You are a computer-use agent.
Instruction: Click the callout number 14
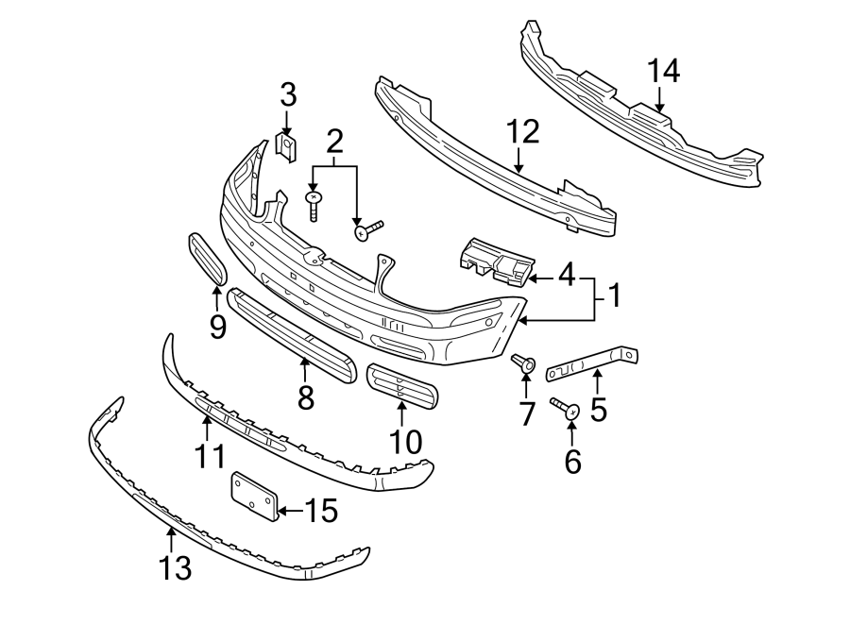point(663,71)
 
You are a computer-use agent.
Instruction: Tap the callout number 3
point(288,94)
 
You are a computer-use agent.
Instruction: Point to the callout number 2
point(334,142)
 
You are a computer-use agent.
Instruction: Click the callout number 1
point(614,297)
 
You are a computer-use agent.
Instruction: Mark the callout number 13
point(177,567)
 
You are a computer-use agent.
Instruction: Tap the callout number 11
point(209,456)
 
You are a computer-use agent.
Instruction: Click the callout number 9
point(218,327)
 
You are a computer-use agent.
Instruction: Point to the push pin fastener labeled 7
point(524,362)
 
